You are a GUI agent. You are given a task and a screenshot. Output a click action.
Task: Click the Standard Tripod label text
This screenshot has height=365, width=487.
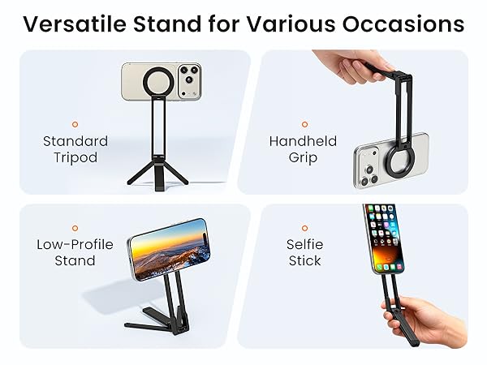pos(75,148)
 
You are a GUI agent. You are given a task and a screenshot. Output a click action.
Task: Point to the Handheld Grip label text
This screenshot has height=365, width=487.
pos(302,148)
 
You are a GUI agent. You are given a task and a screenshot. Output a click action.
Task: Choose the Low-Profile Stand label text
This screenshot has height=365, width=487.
pos(75,252)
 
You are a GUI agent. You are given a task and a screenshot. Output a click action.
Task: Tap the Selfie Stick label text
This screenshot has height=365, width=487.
pos(304,252)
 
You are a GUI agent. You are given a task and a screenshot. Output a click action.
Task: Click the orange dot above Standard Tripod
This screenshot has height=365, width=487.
pos(75,124)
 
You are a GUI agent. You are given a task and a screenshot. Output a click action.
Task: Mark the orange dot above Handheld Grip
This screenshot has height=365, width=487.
pos(304,124)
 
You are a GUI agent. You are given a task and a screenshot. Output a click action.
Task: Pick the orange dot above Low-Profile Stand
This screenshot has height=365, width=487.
pos(75,228)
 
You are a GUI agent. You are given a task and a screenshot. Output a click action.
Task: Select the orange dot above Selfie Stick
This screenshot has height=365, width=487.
pos(304,228)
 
